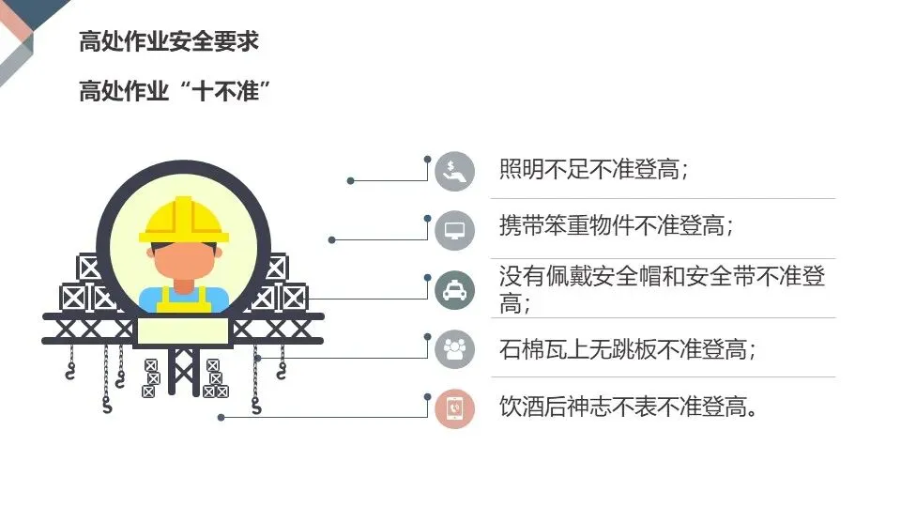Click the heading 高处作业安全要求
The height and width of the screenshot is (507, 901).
pos(169,42)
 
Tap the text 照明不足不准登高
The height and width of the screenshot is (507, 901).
pos(594,170)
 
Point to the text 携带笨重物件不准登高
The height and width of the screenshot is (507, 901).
pos(616,226)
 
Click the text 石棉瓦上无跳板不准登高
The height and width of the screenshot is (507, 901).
pos(627,350)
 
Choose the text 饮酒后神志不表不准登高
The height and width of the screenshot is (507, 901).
pos(627,407)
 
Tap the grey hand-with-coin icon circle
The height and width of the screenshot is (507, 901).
pos(455,172)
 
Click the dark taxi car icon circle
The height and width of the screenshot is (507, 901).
pos(455,290)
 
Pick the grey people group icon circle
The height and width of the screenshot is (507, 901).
pos(455,349)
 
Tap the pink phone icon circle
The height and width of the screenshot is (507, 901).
pos(455,408)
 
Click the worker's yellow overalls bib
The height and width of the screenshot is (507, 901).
pos(184,300)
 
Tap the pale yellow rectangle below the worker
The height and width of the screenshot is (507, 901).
pos(184,331)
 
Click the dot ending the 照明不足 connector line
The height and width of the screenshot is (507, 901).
pos(350,180)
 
